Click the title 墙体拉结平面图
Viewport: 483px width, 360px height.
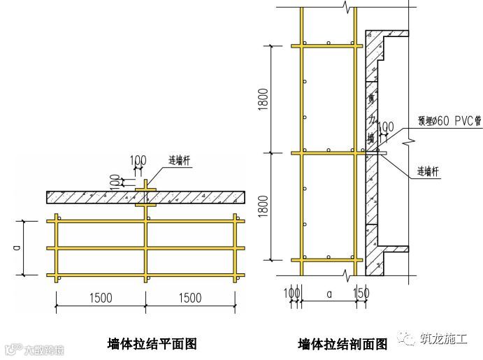152,343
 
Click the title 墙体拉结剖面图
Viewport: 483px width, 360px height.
342,344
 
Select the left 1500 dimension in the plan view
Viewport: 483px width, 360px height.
101,298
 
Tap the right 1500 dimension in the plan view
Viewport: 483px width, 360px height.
190,298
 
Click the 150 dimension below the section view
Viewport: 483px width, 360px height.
361,292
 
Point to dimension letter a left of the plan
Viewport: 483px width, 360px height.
19,247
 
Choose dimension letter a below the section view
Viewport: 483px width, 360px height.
329,294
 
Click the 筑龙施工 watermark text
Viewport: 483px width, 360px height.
445,338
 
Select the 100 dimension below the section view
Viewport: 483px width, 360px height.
289,292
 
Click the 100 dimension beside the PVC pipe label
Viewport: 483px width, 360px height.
385,127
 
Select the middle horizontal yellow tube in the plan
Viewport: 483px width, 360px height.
145,247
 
